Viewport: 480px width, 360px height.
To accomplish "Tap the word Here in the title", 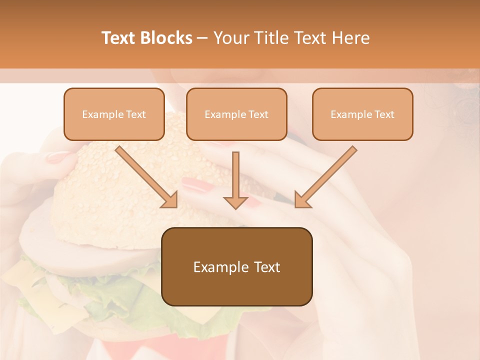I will tap(350, 38).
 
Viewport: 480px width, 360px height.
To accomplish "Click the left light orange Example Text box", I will tap(114, 114).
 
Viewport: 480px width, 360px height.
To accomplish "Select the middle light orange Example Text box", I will tap(236, 114).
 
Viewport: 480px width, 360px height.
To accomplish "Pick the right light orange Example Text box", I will tap(362, 114).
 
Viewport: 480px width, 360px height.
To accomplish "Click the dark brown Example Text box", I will tap(236, 267).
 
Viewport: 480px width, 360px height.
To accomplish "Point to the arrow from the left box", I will tap(146, 177).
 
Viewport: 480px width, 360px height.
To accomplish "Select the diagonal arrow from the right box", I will tap(325, 177).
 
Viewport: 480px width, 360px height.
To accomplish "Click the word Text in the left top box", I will tap(136, 114).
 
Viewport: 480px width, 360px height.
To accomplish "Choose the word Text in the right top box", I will tap(384, 114).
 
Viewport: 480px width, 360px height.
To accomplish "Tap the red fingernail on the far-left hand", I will tap(59, 157).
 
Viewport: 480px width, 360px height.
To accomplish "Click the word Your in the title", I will tap(229, 38).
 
